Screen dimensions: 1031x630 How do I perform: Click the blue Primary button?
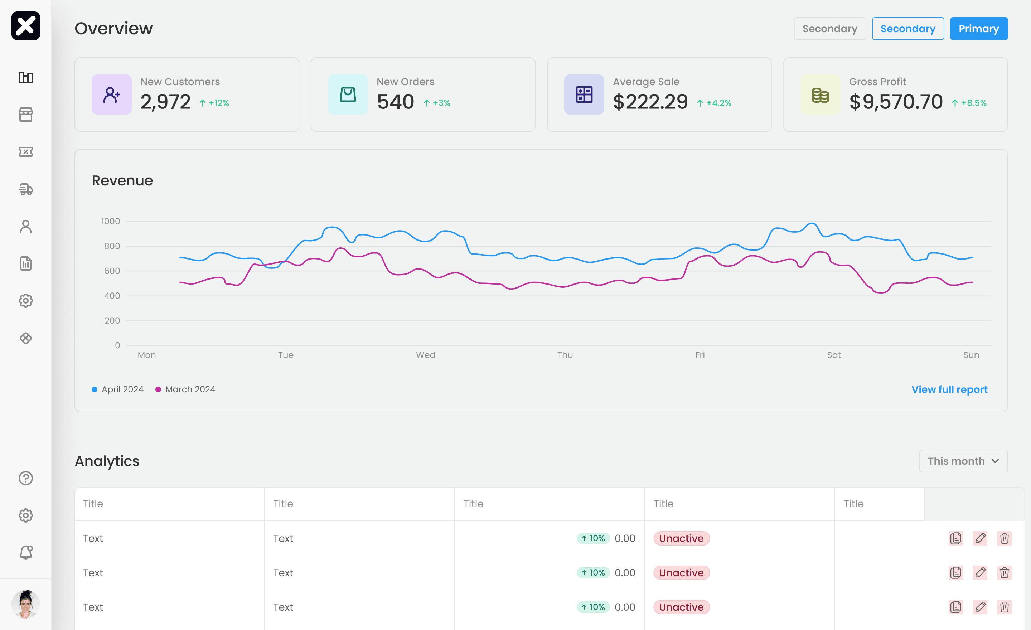coord(978,28)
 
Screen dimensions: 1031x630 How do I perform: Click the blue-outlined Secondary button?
coord(907,28)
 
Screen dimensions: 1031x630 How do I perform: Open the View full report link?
coord(949,389)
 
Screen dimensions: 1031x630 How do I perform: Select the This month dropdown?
coord(963,461)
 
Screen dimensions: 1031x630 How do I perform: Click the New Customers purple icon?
coord(111,94)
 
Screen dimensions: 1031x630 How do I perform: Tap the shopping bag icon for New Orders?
coord(348,94)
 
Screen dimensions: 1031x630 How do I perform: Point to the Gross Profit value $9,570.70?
coord(896,102)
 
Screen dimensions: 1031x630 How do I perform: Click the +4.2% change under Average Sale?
coord(714,103)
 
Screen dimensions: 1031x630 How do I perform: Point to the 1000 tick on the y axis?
coord(111,221)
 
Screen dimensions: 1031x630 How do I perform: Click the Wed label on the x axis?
coord(426,355)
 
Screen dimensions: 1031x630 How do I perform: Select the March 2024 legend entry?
coord(185,389)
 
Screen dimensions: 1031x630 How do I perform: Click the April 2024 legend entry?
coord(117,389)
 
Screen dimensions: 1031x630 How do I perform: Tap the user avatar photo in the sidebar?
coord(25,604)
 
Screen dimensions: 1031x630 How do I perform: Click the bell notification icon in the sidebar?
coord(25,553)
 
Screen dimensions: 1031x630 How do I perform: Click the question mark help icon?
coord(25,478)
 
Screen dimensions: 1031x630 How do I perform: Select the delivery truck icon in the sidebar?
coord(25,189)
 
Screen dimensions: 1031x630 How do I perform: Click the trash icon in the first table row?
coord(1004,538)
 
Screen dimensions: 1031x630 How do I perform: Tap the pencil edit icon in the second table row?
coord(980,572)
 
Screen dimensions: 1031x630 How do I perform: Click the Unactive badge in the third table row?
coord(681,607)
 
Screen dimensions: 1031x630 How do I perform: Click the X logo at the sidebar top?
coord(25,25)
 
